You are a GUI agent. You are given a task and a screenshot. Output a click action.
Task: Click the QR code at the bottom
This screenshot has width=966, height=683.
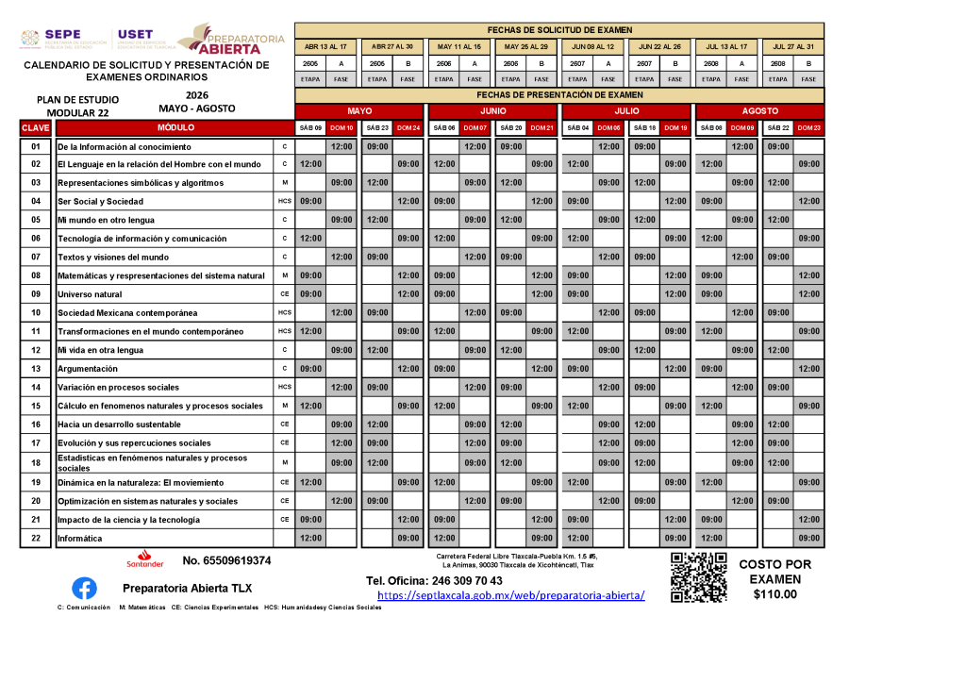698,577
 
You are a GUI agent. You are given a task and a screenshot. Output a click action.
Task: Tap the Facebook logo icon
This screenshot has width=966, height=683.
84,588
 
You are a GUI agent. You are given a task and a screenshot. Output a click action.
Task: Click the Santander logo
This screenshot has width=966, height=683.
145,558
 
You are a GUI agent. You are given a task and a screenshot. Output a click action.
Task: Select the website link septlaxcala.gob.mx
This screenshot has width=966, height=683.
510,596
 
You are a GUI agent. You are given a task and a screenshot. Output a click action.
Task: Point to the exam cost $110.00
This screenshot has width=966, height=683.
774,594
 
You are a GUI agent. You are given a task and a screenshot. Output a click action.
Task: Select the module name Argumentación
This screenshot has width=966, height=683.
88,369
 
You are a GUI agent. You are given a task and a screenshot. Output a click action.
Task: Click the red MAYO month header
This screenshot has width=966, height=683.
359,110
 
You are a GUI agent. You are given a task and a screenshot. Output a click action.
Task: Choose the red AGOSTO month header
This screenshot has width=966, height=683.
759,110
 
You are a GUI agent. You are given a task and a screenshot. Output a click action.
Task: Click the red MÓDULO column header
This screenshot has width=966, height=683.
175,127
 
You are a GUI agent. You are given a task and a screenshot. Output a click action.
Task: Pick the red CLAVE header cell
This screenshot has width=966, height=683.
36,127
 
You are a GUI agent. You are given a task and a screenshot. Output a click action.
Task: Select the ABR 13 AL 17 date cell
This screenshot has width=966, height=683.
325,46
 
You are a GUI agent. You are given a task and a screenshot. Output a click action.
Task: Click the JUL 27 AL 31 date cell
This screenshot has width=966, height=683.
792,46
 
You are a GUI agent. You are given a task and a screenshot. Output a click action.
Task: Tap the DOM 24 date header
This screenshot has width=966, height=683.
408,127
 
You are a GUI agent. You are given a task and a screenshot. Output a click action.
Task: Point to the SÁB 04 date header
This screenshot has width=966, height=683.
577,127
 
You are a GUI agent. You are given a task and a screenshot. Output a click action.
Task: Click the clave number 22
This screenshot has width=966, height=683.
36,539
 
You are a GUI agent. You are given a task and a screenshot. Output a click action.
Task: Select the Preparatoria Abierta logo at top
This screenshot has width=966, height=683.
231,39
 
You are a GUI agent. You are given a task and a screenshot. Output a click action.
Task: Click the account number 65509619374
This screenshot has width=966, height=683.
226,560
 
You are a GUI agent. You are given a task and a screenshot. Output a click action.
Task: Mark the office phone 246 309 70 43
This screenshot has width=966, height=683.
434,580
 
